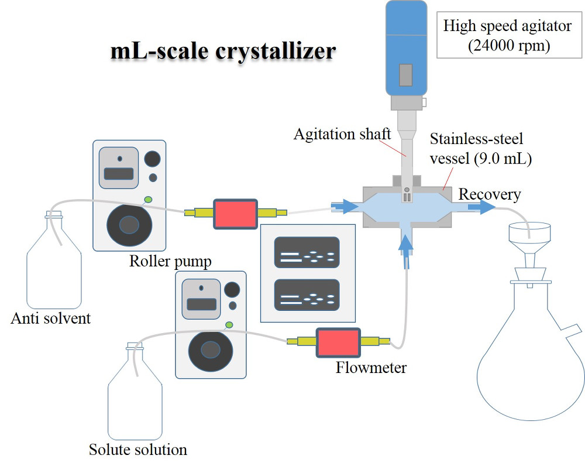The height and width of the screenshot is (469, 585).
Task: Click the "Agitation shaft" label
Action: point(342,134)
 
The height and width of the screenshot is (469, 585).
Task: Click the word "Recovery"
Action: point(490,194)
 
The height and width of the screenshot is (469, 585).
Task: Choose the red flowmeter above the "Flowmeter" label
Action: point(338,341)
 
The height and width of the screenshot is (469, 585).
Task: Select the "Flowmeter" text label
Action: point(371,368)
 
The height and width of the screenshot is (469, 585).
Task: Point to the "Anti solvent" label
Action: point(51,319)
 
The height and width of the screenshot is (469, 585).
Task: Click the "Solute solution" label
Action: point(138,450)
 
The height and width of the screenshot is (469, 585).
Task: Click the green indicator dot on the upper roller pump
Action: point(148,200)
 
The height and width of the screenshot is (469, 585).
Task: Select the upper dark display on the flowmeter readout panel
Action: point(307,252)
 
